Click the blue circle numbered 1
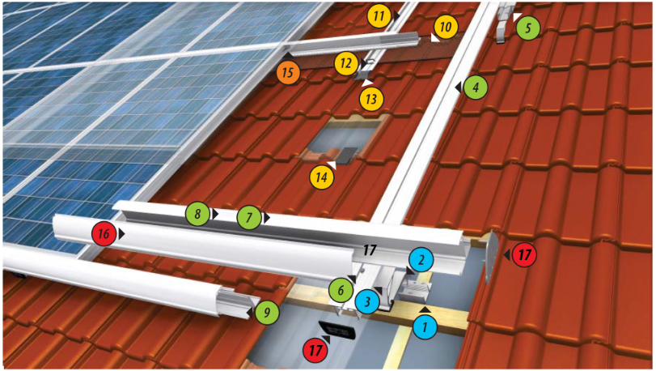click(424, 327)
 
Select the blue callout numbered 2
click(421, 260)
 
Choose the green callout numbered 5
click(527, 28)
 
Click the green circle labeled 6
click(341, 289)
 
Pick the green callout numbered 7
click(250, 217)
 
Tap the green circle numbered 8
click(197, 215)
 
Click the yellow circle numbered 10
click(445, 28)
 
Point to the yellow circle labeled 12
click(345, 62)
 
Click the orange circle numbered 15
click(290, 72)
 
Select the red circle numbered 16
click(103, 234)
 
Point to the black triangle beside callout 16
click(121, 234)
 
